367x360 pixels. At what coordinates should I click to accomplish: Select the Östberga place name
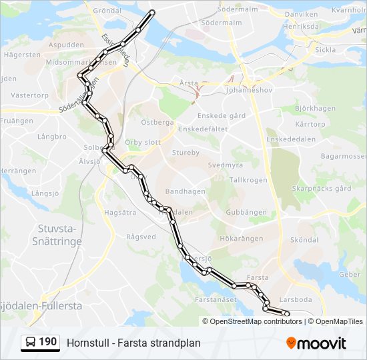tap(157, 123)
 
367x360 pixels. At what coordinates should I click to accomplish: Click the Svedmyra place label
tap(225, 165)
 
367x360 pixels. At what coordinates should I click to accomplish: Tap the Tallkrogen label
tap(248, 180)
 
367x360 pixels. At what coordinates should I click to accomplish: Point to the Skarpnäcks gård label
tap(322, 189)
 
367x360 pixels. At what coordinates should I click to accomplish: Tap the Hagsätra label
tap(120, 213)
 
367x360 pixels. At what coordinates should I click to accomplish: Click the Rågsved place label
tap(141, 237)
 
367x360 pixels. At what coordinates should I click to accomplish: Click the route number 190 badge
tap(40, 343)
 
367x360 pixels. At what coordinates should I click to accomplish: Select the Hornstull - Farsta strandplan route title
tap(133, 343)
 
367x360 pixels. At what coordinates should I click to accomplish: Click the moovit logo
tap(316, 343)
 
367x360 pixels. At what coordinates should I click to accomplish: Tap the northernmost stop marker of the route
tap(152, 13)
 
